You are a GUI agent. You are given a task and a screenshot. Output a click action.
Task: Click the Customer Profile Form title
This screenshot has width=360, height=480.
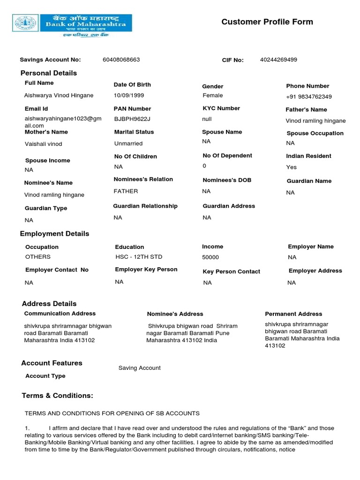coord(267,22)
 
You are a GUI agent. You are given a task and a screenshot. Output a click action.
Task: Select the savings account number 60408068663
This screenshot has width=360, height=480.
coord(121,60)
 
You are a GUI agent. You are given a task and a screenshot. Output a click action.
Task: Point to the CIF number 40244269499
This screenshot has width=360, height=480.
coord(278,60)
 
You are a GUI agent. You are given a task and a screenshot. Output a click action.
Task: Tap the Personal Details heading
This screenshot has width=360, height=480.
coord(49,73)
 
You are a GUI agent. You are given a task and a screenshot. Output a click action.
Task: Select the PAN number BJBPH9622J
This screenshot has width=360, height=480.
coord(132,119)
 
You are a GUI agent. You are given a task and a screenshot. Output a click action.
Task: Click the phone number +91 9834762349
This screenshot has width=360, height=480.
coord(308,97)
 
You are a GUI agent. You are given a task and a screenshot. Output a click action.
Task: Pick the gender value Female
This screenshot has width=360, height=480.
coord(212,95)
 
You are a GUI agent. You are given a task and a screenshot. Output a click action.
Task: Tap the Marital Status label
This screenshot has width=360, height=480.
coord(134,132)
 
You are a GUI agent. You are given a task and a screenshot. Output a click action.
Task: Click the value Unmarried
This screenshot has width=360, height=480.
coord(128,143)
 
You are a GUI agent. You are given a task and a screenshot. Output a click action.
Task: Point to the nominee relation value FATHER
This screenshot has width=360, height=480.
coord(126,191)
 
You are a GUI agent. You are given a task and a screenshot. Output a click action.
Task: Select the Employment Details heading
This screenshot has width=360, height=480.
coord(54,233)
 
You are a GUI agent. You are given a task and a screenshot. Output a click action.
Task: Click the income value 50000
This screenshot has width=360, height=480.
coord(210,257)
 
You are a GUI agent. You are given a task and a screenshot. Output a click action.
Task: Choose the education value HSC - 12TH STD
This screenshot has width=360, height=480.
coord(139,257)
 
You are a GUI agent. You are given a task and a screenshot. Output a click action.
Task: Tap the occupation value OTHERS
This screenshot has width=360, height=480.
coord(38,257)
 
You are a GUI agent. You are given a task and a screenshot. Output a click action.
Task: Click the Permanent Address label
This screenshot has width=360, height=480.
coord(293,314)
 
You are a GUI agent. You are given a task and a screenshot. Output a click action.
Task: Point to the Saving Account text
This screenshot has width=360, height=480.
coord(139,368)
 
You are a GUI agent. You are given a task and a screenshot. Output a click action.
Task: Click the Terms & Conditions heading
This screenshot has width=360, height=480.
coord(58,396)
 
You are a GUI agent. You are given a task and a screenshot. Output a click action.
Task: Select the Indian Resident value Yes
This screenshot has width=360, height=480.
coord(291,167)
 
